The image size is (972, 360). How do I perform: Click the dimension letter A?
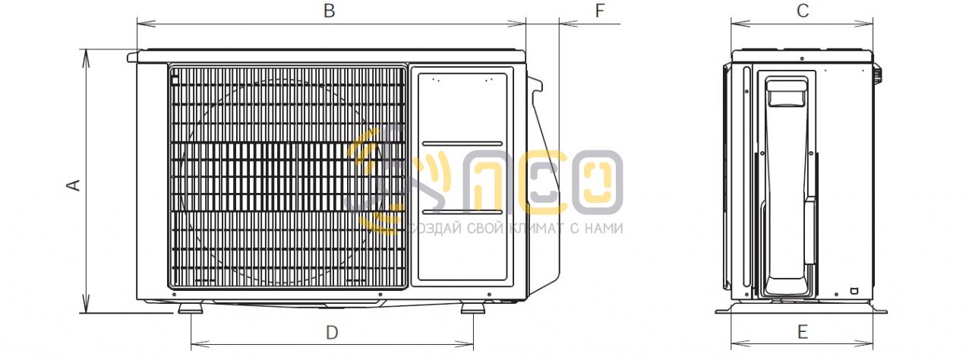pos(74,185)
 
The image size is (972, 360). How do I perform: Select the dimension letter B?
pos(330,11)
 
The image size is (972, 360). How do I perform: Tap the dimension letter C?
pos(803,11)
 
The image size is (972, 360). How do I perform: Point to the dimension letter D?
pos(332,333)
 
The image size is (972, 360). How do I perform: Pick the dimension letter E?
pos(803,332)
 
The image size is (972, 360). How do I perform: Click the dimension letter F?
pos(600,11)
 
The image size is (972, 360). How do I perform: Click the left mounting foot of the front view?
pos(191,308)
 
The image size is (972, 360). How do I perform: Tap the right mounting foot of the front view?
pos(473,308)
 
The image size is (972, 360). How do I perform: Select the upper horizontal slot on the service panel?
pos(462,144)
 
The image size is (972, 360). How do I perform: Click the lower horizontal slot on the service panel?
pos(462,212)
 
